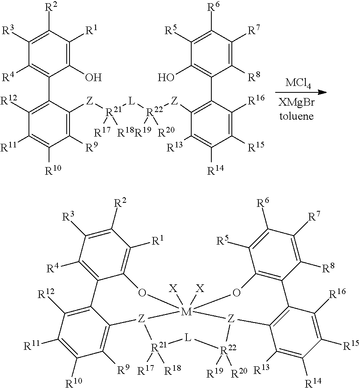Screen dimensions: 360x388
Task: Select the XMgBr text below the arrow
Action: tap(297, 102)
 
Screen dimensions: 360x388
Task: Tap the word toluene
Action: tap(297, 116)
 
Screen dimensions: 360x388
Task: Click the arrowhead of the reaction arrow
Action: tap(323, 92)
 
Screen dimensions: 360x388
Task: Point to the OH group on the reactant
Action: tap(93, 78)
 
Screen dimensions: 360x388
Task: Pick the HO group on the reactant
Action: tap(166, 78)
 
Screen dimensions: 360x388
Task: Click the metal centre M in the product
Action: tap(186, 312)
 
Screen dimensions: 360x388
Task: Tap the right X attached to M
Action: tap(200, 288)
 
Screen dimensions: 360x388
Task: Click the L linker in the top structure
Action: tap(131, 101)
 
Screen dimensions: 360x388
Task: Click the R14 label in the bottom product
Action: tap(311, 382)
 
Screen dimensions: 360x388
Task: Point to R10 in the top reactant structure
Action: tap(53, 169)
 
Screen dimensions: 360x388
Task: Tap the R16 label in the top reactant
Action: tap(256, 100)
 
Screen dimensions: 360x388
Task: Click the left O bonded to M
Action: tap(142, 293)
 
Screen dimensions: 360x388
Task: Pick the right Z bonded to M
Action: tap(231, 319)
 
